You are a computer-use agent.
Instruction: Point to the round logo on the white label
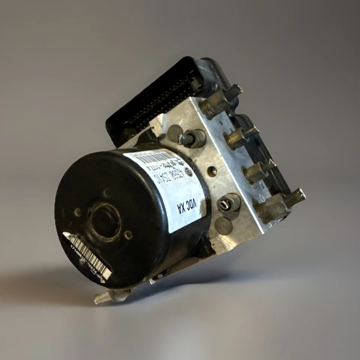coord(188,172)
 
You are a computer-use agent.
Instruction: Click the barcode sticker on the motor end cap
coord(87,256)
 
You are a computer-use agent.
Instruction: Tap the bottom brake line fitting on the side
coord(276,205)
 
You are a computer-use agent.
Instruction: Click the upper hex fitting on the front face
coord(193,138)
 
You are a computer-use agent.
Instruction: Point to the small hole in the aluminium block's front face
coord(212,171)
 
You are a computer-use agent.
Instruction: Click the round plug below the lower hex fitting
coord(224,226)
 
